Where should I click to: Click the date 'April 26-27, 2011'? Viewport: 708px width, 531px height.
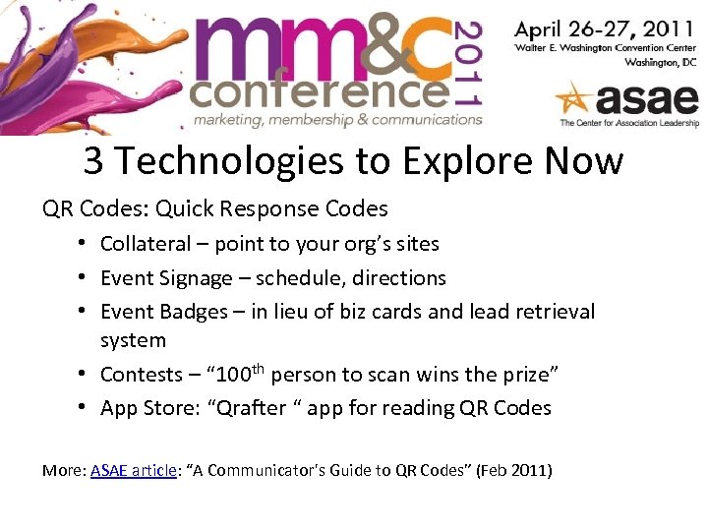pos(605,27)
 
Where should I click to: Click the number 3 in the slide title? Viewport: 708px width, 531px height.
pos(93,160)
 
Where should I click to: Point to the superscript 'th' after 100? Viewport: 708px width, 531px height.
pos(259,369)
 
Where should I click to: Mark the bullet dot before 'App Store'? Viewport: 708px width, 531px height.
pos(88,407)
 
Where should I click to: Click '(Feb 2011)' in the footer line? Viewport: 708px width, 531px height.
pos(514,471)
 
